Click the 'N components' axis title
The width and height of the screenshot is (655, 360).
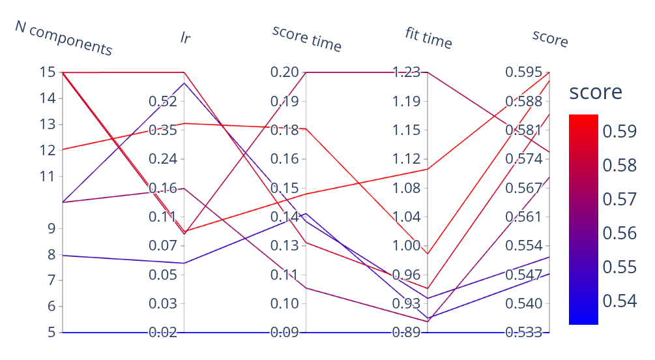coord(64,38)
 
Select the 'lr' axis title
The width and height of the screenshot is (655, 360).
coord(186,38)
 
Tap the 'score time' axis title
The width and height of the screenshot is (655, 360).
coord(307,38)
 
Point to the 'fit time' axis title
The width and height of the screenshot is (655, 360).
coord(428,38)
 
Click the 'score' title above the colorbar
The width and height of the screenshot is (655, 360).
coord(595,92)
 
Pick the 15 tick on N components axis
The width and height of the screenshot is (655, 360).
coord(48,72)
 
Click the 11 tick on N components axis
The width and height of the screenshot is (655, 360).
coord(48,176)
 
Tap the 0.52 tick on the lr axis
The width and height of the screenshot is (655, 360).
coord(162,101)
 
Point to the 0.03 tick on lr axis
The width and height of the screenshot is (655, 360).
coord(162,304)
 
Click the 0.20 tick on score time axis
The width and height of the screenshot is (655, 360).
coord(285,72)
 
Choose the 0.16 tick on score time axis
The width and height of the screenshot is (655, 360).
coord(285,159)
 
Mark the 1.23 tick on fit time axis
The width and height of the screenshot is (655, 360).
coord(407,72)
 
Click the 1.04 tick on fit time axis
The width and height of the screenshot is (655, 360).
coord(407,217)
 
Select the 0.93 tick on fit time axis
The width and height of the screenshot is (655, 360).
coord(407,304)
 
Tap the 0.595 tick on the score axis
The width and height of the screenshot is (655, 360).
coord(524,72)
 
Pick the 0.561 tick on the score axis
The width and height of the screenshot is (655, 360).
coord(524,217)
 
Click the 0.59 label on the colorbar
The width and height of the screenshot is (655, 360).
coord(619,132)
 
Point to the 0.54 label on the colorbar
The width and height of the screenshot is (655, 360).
coord(619,301)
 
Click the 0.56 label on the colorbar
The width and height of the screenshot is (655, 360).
coord(619,233)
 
